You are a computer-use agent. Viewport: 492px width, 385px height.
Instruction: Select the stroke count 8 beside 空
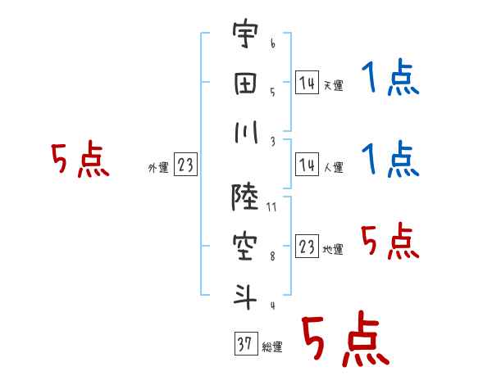tap(272, 256)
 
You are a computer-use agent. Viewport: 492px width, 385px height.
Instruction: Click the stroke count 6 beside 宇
tap(272, 40)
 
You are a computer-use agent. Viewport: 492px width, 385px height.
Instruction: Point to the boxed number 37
tap(244, 345)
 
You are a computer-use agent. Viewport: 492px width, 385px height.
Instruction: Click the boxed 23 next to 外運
tap(185, 166)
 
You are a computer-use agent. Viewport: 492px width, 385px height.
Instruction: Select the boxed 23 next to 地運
tap(307, 247)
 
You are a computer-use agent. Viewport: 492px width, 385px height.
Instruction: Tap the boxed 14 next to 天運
tap(307, 83)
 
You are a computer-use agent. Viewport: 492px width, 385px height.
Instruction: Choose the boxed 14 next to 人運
tap(307, 165)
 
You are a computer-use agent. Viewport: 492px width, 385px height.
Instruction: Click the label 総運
tap(272, 347)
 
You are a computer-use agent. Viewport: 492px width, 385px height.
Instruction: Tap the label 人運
tap(334, 168)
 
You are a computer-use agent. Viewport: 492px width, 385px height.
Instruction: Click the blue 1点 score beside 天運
tap(390, 80)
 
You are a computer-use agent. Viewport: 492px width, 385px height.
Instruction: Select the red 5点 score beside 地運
tap(390, 242)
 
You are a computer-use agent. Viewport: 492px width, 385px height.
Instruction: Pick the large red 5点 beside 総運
tap(344, 340)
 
